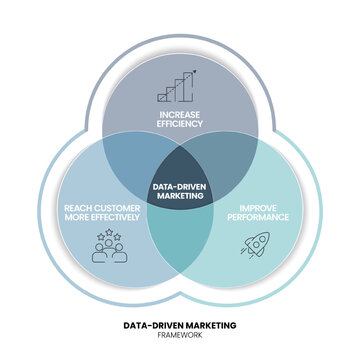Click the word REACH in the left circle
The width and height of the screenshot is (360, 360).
[79, 204]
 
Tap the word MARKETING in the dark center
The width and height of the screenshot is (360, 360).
[180, 197]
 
